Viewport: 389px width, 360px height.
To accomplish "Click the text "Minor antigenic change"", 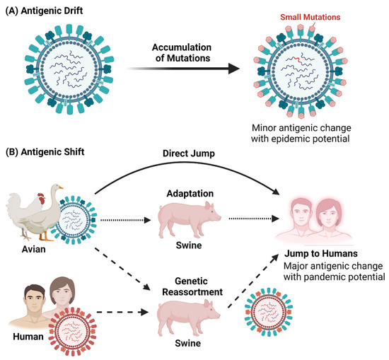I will tap(303, 128).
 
